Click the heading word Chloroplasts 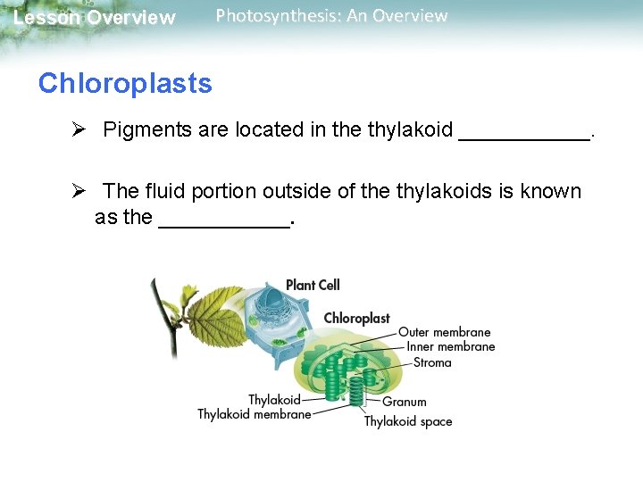point(125,84)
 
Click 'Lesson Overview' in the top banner point(95,18)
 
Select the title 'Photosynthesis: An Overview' point(331,16)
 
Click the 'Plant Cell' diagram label point(313,285)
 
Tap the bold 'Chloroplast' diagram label point(356,318)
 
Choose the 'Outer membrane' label point(444,333)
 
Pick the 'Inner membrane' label point(450,347)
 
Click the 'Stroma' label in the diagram point(433,362)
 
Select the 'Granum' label point(405,402)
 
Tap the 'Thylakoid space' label point(408,421)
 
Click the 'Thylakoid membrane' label point(254,414)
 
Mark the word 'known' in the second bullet point(552,192)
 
